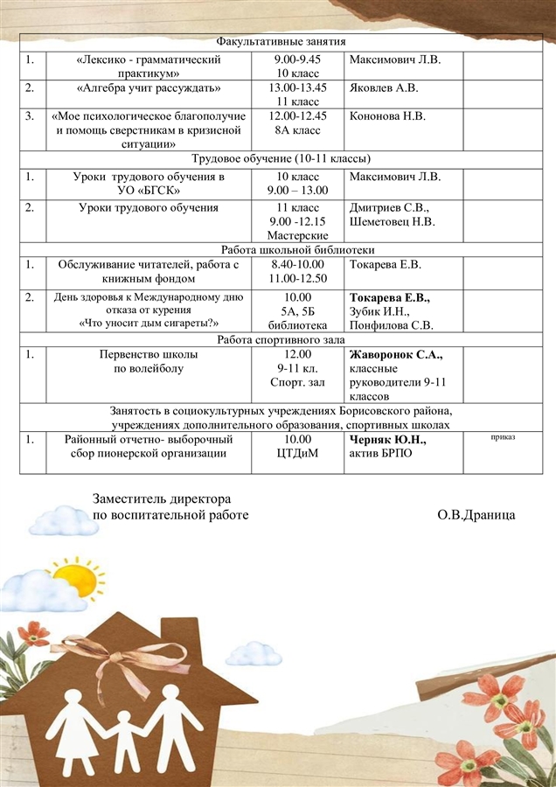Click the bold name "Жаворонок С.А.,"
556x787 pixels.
coord(396,354)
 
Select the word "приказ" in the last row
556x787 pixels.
coord(503,435)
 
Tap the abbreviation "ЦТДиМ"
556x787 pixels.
coord(298,453)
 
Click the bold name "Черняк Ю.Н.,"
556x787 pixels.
coord(388,439)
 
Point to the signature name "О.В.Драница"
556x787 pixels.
coord(476,514)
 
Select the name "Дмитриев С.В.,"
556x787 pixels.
coord(389,207)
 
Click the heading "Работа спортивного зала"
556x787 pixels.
coord(281,339)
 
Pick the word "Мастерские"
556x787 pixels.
coord(298,235)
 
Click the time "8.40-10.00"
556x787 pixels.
coord(298,264)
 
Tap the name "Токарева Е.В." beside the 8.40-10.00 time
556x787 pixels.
coord(386,264)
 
